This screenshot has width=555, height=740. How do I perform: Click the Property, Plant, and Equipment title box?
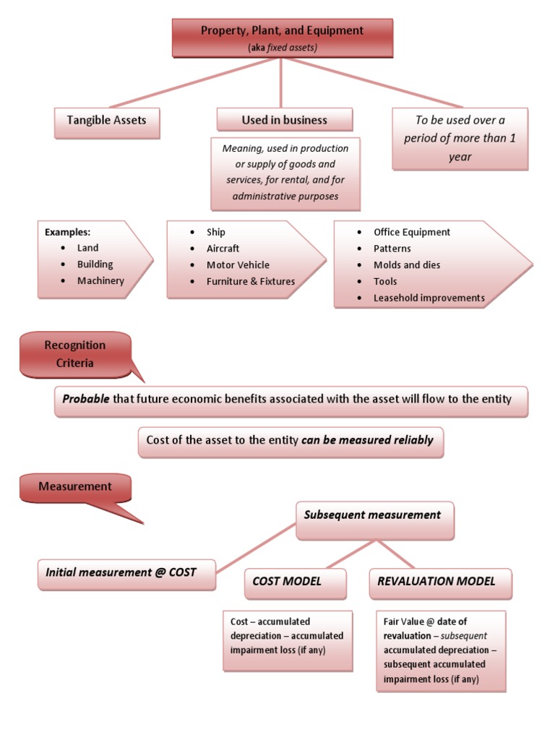(x=282, y=38)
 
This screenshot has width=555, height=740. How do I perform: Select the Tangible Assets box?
(x=107, y=121)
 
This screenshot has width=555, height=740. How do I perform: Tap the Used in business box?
(x=284, y=120)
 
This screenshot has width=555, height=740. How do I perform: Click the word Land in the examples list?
(x=87, y=248)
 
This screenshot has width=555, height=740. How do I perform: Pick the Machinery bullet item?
(x=100, y=280)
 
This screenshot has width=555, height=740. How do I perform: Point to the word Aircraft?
(x=223, y=249)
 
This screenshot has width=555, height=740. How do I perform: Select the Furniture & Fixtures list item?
(x=251, y=281)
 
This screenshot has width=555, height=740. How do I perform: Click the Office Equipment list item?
(x=411, y=232)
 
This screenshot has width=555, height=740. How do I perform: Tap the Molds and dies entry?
(x=407, y=265)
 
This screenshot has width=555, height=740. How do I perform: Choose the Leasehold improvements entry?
(x=429, y=298)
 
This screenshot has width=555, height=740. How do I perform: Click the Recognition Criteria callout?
(x=75, y=354)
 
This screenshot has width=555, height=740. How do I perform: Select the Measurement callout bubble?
(x=75, y=487)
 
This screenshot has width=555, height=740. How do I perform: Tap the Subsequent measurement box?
(x=373, y=516)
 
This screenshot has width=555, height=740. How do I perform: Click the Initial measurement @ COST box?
(x=121, y=572)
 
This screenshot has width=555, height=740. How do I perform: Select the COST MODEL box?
(x=287, y=581)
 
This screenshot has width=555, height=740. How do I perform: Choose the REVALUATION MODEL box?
(x=436, y=581)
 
